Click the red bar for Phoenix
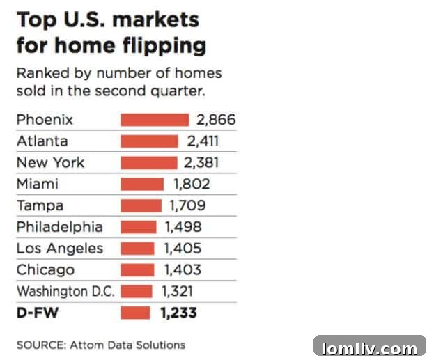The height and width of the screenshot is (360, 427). [x=154, y=120]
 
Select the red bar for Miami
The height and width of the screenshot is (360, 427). [x=142, y=185]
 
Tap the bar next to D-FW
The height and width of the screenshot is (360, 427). [x=135, y=313]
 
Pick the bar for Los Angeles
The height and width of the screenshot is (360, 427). [x=137, y=249]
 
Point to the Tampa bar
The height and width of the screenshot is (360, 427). [x=141, y=206]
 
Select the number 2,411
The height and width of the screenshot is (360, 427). [x=203, y=141]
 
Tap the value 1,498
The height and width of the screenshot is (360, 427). [x=183, y=227]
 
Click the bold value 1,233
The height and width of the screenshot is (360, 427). [x=178, y=313]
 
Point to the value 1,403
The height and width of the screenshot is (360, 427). [x=182, y=270]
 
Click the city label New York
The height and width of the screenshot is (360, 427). [x=50, y=163]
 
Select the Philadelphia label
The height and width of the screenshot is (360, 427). [x=59, y=227]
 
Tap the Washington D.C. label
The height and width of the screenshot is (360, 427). [x=65, y=292]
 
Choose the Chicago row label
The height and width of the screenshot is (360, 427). [x=45, y=270]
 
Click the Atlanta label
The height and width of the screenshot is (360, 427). [x=42, y=141]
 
